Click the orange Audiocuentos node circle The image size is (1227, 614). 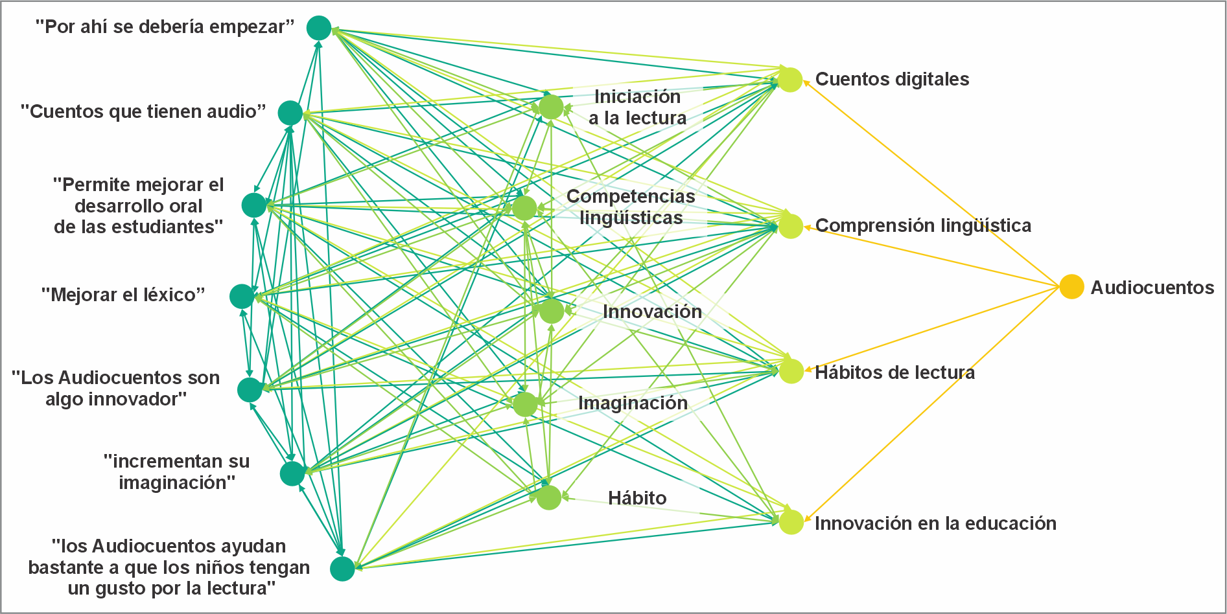click(1071, 286)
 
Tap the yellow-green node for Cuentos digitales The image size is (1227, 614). click(790, 80)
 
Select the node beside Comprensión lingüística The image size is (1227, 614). click(790, 226)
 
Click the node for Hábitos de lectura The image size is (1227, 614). click(791, 371)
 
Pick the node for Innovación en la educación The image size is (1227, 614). click(791, 522)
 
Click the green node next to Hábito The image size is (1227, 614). click(548, 497)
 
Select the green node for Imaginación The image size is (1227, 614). click(525, 404)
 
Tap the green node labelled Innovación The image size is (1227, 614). click(552, 311)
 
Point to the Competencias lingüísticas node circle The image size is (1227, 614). click(524, 208)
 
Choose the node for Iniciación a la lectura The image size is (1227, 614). click(551, 107)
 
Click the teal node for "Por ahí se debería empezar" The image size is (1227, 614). click(318, 28)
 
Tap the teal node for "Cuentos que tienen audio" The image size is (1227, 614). click(290, 113)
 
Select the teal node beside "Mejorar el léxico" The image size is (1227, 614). click(242, 296)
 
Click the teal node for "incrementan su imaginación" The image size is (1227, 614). click(292, 473)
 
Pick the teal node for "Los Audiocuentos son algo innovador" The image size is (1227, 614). click(250, 390)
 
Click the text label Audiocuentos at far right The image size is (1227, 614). click(1152, 288)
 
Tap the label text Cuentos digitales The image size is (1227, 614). click(892, 79)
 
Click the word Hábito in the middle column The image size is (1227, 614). click(637, 498)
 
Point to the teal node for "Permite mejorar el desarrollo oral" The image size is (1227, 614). click(254, 205)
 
